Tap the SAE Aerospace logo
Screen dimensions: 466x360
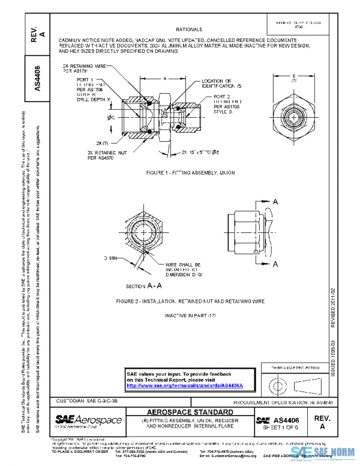88,419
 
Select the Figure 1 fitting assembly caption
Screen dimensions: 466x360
190,172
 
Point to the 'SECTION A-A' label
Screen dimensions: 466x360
142,285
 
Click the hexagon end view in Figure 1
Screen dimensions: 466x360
293,113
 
